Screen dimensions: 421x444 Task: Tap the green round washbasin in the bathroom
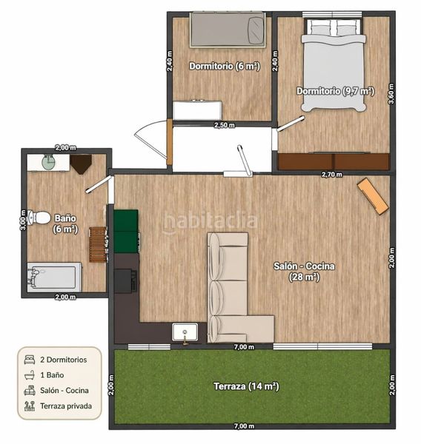click(x=49, y=163)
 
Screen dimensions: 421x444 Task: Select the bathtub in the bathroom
click(x=54, y=277)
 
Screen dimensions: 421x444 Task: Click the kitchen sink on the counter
click(x=185, y=332)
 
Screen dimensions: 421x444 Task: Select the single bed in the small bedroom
click(x=228, y=30)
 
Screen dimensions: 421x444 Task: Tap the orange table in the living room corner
click(x=373, y=196)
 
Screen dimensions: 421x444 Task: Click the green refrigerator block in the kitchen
click(x=126, y=231)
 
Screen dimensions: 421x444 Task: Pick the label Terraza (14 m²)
click(x=246, y=386)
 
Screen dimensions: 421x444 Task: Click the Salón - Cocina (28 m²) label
click(x=304, y=272)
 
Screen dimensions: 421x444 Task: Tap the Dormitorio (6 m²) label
click(x=225, y=66)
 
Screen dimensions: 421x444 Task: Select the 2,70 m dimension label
click(x=331, y=175)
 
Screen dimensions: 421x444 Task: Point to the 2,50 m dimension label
click(x=225, y=125)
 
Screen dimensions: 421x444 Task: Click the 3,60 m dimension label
click(x=391, y=94)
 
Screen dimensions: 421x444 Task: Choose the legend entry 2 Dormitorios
click(x=64, y=360)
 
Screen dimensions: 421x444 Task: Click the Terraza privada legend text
click(x=66, y=406)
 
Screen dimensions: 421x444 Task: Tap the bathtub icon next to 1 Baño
click(x=30, y=375)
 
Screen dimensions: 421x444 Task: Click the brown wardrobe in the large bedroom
click(x=334, y=161)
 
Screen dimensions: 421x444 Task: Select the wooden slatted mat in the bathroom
click(x=98, y=244)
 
